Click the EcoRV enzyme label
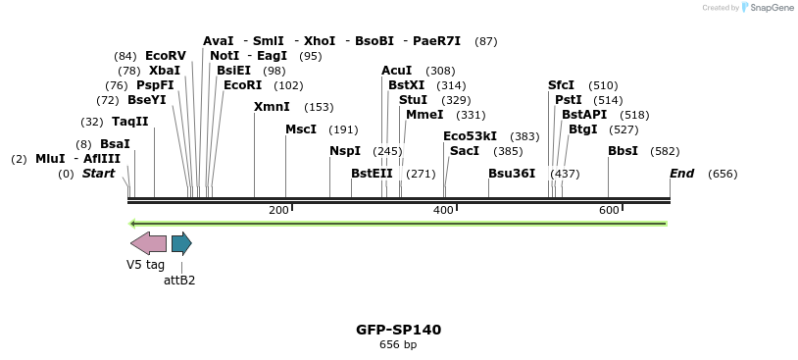(165, 56)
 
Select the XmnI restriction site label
(272, 107)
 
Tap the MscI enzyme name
(301, 129)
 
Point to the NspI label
(345, 151)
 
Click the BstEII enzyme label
(372, 174)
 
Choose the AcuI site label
(397, 71)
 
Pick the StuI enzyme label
(413, 100)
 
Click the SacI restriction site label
(464, 151)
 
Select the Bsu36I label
(512, 174)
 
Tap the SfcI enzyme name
(561, 85)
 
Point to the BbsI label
(623, 151)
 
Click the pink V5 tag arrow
(148, 243)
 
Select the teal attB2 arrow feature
(181, 243)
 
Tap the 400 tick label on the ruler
(444, 211)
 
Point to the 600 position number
(609, 211)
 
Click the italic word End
(682, 174)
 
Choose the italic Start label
(98, 174)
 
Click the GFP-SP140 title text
(398, 330)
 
